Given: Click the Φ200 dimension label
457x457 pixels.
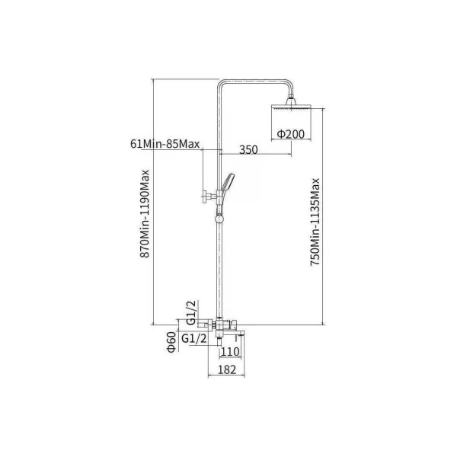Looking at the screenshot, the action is click(x=291, y=134).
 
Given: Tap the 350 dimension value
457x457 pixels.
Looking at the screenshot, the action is click(x=248, y=150).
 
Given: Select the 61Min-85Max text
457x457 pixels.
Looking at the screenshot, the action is click(x=165, y=144).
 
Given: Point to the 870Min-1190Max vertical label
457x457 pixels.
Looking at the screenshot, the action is click(x=145, y=213).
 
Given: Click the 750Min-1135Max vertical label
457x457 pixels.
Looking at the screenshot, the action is click(x=315, y=222).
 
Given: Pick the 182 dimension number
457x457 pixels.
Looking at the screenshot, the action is click(x=227, y=369).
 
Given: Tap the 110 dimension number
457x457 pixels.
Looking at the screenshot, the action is click(x=230, y=352).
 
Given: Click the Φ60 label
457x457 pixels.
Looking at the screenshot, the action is click(x=171, y=342).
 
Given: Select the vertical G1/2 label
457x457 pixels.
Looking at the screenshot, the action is click(x=191, y=313).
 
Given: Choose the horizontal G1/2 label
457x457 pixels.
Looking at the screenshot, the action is click(x=194, y=339).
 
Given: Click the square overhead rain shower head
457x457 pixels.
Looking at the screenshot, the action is click(x=291, y=107).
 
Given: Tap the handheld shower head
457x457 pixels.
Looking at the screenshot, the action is click(x=227, y=183).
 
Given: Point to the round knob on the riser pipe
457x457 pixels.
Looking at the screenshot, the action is click(x=219, y=219).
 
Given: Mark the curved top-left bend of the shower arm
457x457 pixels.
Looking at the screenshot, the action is click(x=221, y=83).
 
